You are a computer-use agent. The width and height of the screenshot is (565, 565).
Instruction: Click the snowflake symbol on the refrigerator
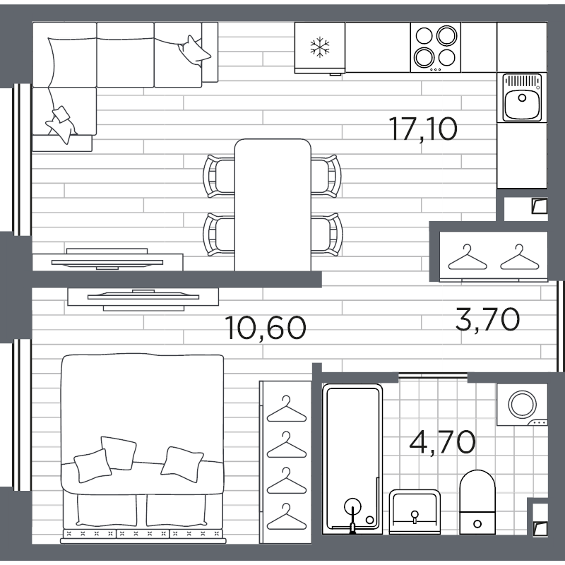tap(320, 47)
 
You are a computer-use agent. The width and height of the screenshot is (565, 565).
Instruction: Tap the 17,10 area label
tap(423, 129)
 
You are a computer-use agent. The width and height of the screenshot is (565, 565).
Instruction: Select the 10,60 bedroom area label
tap(266, 328)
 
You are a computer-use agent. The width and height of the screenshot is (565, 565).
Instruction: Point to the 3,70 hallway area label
tap(487, 319)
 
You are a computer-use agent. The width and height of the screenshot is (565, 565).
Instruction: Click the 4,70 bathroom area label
tap(443, 443)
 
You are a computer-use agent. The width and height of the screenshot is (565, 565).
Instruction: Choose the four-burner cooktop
tap(436, 47)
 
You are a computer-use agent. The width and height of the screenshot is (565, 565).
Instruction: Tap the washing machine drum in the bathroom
tap(523, 404)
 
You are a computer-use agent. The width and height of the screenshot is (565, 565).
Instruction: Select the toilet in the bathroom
tap(477, 502)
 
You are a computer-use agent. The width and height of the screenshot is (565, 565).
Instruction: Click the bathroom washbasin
tap(415, 511)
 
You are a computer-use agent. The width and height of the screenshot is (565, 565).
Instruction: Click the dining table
tap(273, 205)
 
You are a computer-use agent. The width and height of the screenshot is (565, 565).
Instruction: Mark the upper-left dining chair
tap(218, 176)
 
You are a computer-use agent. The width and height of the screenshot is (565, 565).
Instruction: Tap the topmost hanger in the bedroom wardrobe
tap(287, 409)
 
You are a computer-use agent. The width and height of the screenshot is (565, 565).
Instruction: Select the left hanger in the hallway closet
tap(468, 257)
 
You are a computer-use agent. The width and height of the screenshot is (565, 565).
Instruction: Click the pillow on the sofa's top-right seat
tap(194, 51)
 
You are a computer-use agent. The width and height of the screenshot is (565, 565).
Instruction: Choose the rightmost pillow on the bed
tap(182, 464)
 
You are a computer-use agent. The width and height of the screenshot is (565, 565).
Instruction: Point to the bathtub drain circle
tap(369, 520)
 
